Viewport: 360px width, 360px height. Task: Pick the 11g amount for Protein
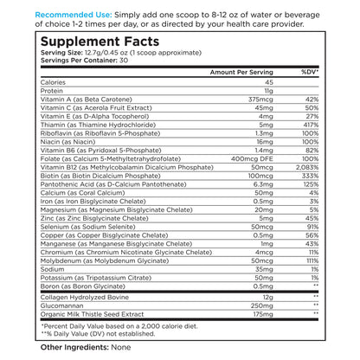coord(269,91)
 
